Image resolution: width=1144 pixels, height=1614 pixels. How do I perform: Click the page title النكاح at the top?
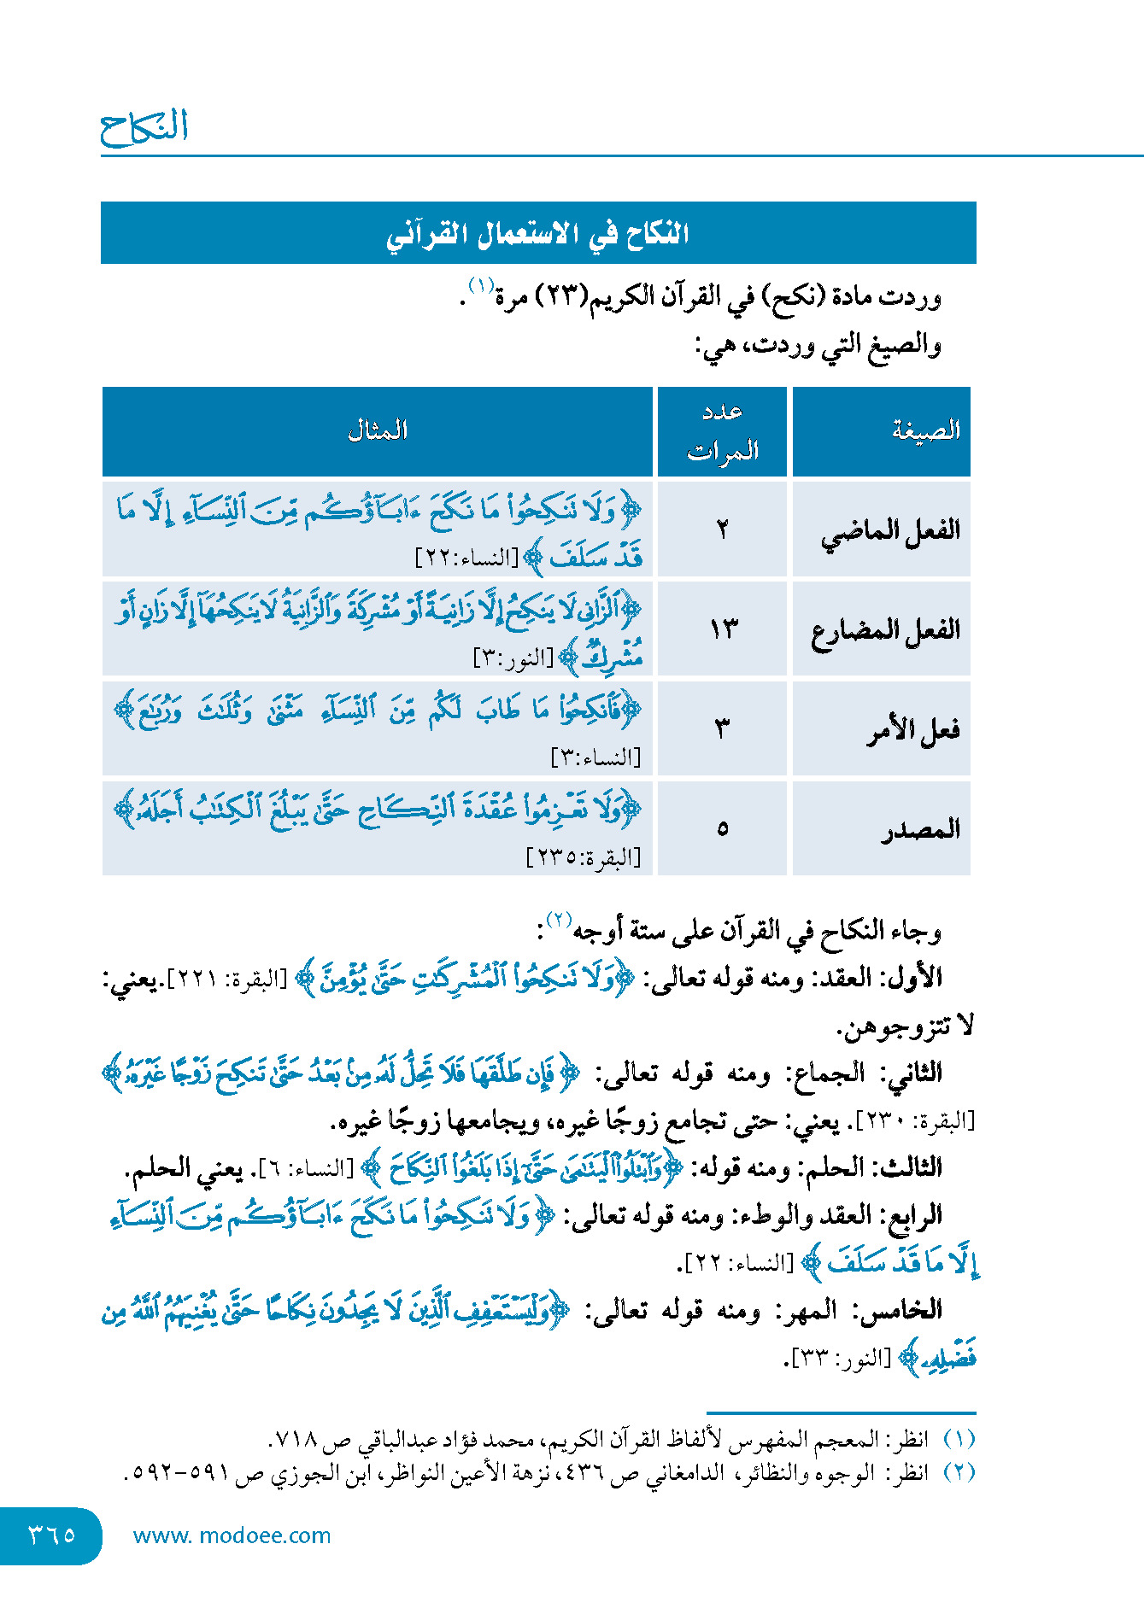pyautogui.click(x=144, y=127)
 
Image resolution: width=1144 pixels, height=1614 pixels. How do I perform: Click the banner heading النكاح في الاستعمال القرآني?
pyautogui.click(x=537, y=233)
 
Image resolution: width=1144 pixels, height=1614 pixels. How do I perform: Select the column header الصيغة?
pyautogui.click(x=926, y=430)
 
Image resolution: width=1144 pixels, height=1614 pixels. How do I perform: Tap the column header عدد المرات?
pyautogui.click(x=723, y=431)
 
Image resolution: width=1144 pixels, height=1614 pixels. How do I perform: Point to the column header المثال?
pyautogui.click(x=377, y=430)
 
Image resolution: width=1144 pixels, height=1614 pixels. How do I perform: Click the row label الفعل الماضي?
pyautogui.click(x=890, y=531)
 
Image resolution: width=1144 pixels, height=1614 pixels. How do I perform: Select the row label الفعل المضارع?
pyautogui.click(x=886, y=631)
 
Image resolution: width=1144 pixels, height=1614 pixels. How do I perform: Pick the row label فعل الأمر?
pyautogui.click(x=913, y=730)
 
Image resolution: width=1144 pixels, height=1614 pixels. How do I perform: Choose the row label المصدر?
pyautogui.click(x=921, y=829)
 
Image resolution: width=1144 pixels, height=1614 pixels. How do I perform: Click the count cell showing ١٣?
pyautogui.click(x=723, y=630)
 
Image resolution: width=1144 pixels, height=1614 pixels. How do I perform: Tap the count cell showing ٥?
pyautogui.click(x=723, y=829)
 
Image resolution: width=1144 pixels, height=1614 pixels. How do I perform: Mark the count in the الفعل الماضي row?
pyautogui.click(x=723, y=530)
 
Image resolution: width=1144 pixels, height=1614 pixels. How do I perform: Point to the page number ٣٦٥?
pyautogui.click(x=52, y=1535)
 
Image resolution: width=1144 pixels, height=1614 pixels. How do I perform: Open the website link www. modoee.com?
pyautogui.click(x=232, y=1535)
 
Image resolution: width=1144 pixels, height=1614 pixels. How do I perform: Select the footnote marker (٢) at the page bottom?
pyautogui.click(x=959, y=1472)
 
